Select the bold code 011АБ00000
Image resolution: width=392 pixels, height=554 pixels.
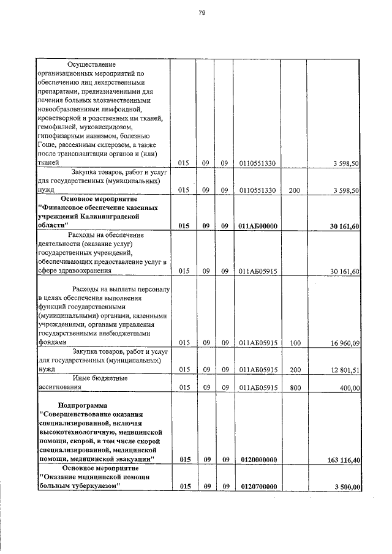258,226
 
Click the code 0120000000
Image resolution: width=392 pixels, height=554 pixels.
258,459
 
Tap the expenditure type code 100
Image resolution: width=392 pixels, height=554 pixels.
294,343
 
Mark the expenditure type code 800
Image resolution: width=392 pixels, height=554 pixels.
294,387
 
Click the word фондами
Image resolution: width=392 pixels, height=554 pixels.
51,343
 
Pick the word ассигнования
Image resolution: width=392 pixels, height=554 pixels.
59,387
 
